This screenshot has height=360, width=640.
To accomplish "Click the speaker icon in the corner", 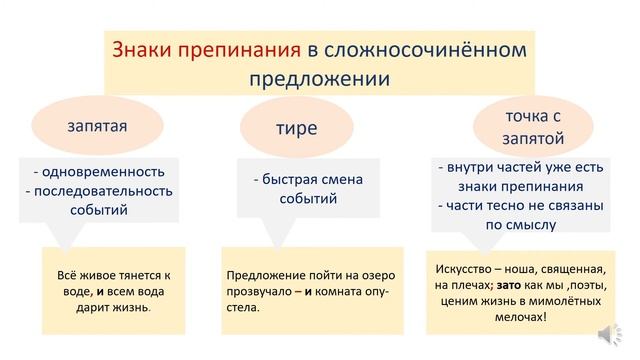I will point(609,335).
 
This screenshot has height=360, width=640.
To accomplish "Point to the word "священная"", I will point(566,268).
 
